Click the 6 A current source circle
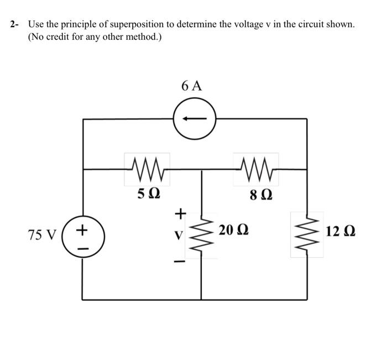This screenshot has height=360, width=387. coord(194,118)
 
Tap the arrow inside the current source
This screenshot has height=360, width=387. coord(194,118)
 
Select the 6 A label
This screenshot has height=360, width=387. coord(192,86)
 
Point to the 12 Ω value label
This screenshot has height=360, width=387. coord(341,230)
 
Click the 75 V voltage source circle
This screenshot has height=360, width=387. coord(82,235)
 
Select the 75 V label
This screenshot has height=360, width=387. coord(42,235)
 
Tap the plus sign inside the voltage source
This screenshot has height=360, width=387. coord(83,227)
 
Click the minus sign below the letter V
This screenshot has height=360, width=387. coord(179,259)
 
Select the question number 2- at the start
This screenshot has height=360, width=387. coord(14,25)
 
